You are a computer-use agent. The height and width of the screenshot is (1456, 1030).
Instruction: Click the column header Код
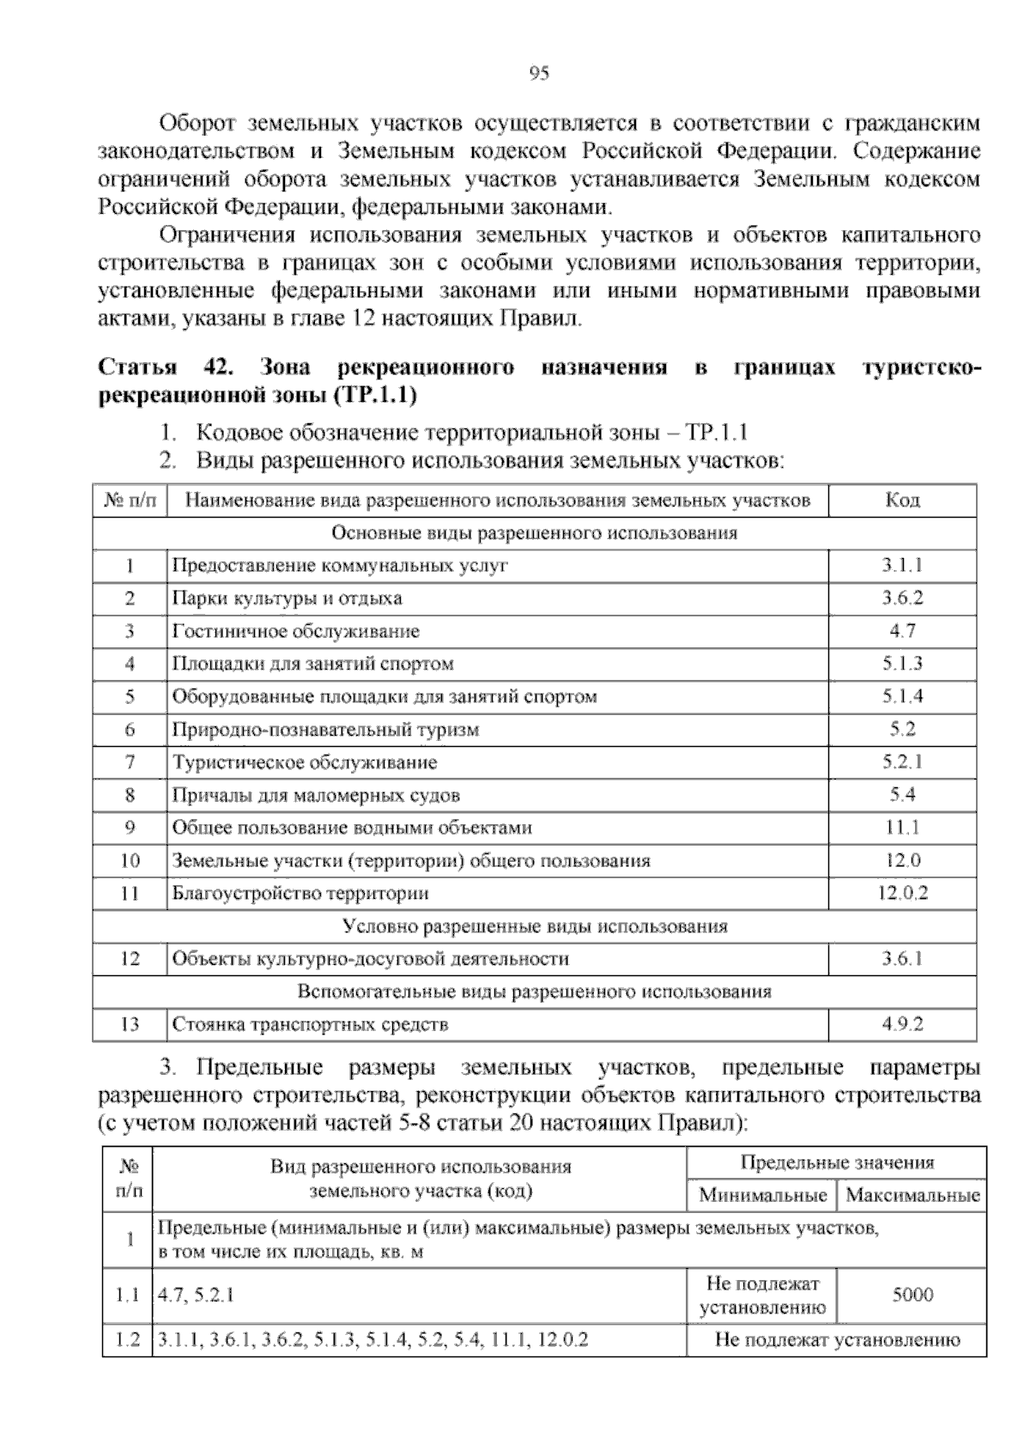pos(902,500)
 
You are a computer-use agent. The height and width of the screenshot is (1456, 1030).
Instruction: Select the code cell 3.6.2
pos(902,598)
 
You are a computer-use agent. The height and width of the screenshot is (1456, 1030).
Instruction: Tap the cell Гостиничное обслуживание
pos(295,631)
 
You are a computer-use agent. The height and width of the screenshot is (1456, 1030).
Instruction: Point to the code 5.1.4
pos(902,696)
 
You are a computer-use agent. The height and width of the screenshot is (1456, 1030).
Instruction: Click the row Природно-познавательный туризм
pos(325,730)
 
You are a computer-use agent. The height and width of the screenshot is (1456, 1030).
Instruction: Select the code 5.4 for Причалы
pos(902,795)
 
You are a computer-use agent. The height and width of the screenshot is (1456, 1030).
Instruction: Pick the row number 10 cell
pos(130,860)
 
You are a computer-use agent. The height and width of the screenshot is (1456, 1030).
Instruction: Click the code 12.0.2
pos(902,893)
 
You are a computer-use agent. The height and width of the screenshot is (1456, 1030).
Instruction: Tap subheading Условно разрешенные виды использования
pos(534,926)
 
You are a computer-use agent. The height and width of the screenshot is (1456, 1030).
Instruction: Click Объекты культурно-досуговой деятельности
pos(370,959)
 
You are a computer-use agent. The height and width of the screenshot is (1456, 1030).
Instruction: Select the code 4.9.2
pos(902,1024)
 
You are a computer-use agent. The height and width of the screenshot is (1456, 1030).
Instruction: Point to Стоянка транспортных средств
pos(310,1024)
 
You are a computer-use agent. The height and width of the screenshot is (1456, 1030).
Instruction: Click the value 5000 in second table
pos(912,1295)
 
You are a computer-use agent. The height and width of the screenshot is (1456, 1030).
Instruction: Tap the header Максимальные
pos(912,1195)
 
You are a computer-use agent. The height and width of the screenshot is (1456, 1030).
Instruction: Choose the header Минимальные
pos(762,1195)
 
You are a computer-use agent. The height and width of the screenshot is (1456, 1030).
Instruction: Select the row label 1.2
pos(127,1339)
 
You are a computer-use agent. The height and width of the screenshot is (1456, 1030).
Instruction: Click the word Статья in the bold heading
pos(137,368)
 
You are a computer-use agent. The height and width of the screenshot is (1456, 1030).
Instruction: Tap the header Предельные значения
pos(836,1163)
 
